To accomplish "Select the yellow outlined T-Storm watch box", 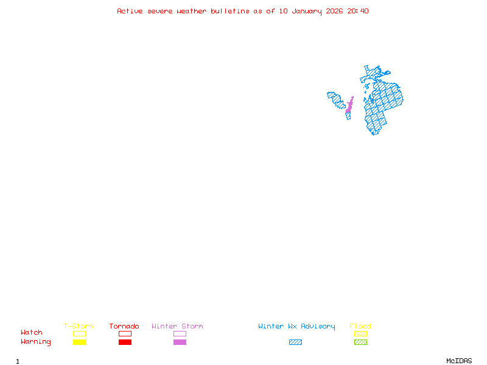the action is coord(79,333).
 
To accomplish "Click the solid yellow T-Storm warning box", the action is coord(79,342).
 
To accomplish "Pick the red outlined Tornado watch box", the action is coord(125,333).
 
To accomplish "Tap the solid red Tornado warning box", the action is coord(125,342).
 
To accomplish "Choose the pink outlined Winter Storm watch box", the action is coord(180,333).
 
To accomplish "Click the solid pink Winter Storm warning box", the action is coord(180,342).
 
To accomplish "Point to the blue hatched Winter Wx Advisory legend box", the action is coord(295,342).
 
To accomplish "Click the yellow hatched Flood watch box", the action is coord(360,333).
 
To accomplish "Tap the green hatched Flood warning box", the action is coord(360,342).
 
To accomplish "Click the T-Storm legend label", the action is coord(79,326).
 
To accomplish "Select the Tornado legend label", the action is coord(124,326).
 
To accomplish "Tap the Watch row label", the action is coord(32,333).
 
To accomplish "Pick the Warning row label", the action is coord(36,342).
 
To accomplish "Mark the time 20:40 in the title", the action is coord(358,11).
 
